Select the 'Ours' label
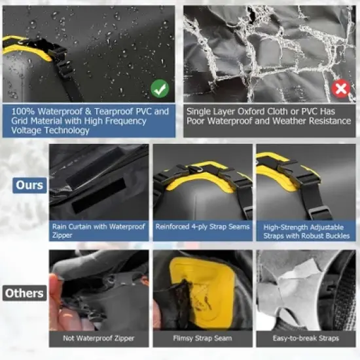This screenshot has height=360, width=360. [29, 185]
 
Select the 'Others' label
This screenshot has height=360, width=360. [24, 293]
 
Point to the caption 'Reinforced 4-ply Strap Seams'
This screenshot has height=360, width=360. [202, 227]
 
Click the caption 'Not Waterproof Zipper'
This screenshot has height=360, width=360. [99, 338]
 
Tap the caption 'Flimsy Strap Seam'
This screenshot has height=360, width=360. [202, 338]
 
